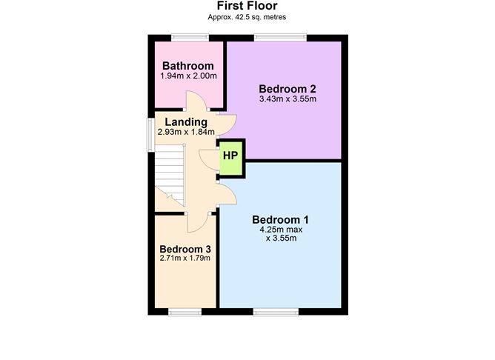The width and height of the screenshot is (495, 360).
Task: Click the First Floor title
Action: point(247,6)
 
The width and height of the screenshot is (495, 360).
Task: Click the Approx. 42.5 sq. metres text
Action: point(247,17)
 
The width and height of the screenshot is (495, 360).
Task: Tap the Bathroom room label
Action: point(187,66)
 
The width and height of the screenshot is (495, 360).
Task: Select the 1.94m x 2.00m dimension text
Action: point(188,76)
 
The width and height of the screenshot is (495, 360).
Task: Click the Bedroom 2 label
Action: point(288,89)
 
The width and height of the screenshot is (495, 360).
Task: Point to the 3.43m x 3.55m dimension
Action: point(288,99)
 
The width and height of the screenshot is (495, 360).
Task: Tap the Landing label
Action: point(186,122)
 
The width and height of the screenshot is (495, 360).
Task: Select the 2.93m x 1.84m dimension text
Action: point(186,132)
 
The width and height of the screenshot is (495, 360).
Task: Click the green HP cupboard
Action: point(230,158)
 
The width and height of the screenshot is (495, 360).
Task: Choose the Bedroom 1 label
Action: point(280,219)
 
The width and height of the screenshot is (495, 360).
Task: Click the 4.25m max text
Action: point(281,230)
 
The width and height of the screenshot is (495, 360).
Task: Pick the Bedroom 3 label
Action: point(185,249)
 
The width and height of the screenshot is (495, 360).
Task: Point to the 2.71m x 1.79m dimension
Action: point(185,258)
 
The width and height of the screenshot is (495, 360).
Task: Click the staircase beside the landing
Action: point(170,175)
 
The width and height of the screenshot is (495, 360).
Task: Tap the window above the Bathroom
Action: point(190,38)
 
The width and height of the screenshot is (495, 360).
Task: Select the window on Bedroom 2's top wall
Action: point(280,38)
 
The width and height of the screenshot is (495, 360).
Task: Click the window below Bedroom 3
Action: point(185,312)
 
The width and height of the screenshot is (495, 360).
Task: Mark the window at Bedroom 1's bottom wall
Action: point(276,312)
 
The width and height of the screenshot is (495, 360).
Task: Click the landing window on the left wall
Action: point(151,134)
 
